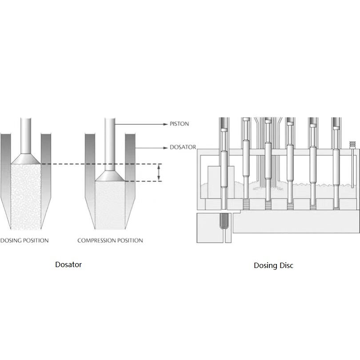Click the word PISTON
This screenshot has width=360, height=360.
coord(179,124)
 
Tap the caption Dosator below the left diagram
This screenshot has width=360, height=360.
coord(68,264)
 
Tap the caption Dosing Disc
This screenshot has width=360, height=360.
coord(273,266)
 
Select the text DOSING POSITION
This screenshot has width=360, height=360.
coord(24,240)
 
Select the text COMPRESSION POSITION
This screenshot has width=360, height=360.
coord(110,240)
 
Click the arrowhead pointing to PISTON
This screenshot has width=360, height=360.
coord(165,124)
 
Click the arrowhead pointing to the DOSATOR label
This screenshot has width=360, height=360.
coord(165,147)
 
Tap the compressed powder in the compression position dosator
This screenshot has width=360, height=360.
coord(111,200)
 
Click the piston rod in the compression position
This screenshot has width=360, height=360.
coord(110,142)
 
